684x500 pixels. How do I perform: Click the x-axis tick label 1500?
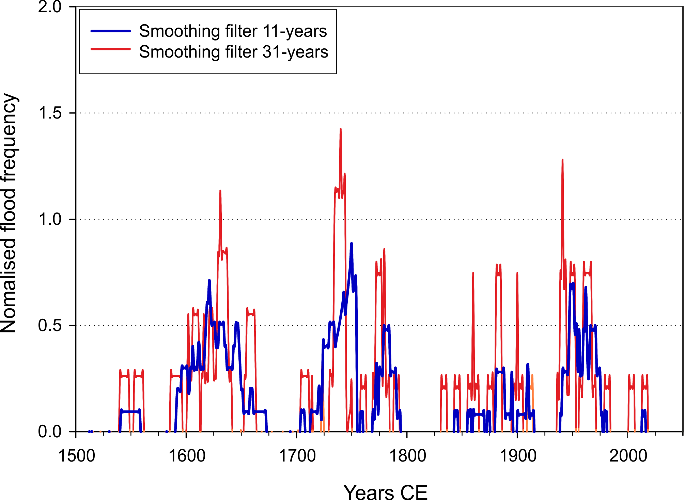click(77, 456)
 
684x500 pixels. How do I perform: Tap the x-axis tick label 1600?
click(187, 456)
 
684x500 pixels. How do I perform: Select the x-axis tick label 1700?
click(297, 456)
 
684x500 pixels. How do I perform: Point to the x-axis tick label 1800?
click(408, 456)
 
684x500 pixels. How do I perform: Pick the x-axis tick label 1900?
click(518, 456)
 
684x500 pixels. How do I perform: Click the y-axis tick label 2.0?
click(49, 7)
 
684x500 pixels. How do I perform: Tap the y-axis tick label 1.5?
click(49, 113)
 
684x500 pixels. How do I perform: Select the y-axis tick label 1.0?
click(49, 219)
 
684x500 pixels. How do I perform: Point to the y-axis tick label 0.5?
click(49, 326)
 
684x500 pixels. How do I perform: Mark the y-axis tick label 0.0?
click(49, 432)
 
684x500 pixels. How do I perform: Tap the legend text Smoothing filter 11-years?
click(233, 31)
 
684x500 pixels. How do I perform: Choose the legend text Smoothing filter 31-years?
click(234, 52)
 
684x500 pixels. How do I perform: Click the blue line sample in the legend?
click(110, 31)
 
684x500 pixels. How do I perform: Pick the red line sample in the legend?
click(110, 49)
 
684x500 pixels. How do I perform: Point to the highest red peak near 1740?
click(340, 129)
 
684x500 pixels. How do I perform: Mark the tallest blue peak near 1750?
click(352, 244)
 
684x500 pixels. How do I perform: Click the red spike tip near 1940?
click(562, 160)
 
